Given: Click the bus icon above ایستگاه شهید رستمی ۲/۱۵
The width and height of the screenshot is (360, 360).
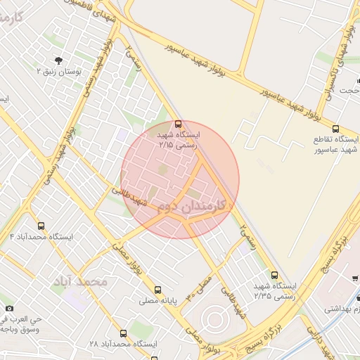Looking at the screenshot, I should [x=176, y=124].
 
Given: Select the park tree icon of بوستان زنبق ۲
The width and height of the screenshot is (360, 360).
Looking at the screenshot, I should [x=58, y=60].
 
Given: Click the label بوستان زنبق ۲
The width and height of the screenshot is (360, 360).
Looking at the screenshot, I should [x=59, y=72].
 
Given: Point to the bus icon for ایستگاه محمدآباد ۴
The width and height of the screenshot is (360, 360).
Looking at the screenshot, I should [x=41, y=226].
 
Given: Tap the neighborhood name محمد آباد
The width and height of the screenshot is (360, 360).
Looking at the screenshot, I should [x=79, y=281].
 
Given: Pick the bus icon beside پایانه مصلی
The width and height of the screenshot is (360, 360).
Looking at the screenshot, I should [x=157, y=289].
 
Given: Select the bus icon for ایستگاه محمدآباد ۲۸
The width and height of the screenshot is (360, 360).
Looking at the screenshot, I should [x=123, y=333].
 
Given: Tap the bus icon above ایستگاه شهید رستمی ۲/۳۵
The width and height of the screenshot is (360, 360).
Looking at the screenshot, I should [x=274, y=275].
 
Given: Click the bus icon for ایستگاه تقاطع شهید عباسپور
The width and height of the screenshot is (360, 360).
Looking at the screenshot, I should [x=335, y=129].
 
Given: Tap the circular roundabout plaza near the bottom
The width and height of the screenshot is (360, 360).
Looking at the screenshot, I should [x=214, y=320].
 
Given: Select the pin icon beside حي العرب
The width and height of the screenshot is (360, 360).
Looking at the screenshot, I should [x=9, y=308].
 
